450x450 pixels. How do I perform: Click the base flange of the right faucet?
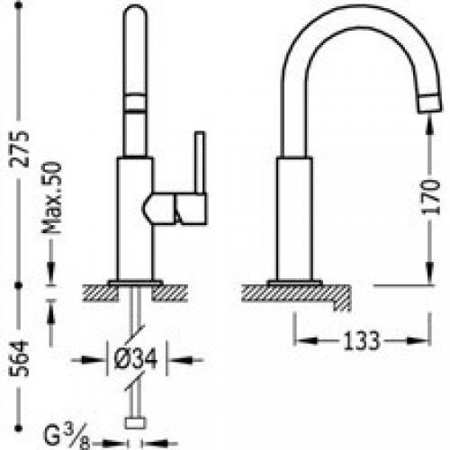coord(296,282)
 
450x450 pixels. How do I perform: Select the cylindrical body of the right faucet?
coord(296,216)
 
